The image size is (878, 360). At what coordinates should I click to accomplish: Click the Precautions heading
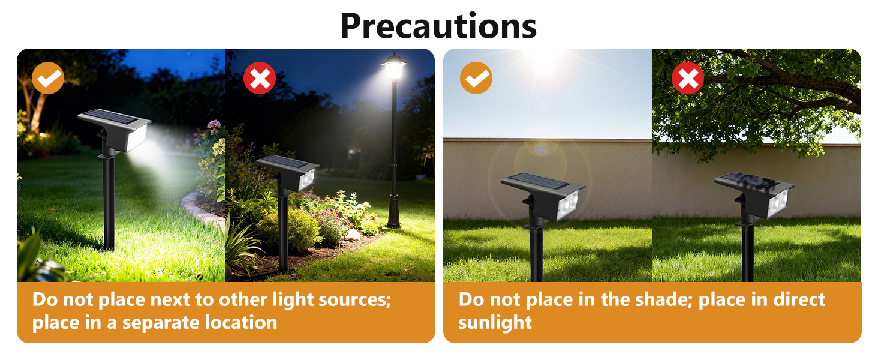point(438,25)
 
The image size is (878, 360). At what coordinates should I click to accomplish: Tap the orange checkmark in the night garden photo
point(48,77)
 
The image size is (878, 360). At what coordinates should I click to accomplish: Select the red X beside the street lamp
point(260,77)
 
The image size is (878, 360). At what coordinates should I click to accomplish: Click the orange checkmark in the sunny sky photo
point(476,77)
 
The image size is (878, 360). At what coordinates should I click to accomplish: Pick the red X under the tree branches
point(687,77)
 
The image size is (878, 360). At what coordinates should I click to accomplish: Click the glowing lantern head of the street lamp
point(393,68)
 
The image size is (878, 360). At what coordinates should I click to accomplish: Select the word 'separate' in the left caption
point(160,322)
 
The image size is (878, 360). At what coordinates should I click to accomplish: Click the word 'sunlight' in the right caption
point(495,322)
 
